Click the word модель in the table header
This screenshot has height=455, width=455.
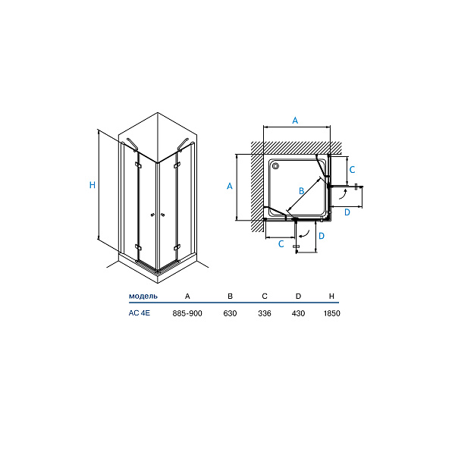[x=143, y=295]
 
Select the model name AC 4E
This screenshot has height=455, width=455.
[x=140, y=313]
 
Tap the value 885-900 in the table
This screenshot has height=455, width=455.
[x=187, y=313]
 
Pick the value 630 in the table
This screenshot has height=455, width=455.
[x=230, y=313]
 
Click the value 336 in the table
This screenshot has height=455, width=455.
[x=265, y=313]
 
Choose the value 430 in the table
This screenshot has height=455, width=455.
[x=298, y=313]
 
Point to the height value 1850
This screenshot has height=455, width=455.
[x=331, y=313]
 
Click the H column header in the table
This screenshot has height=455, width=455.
[x=331, y=295]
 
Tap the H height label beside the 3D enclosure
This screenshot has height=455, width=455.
[x=93, y=185]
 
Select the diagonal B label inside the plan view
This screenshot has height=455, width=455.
[x=301, y=190]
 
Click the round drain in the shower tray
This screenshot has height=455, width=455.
[x=275, y=165]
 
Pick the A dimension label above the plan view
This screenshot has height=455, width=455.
[x=296, y=120]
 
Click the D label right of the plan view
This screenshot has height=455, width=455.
[x=347, y=212]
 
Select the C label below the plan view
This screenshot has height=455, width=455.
[x=281, y=243]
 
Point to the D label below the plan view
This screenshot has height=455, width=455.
[x=321, y=237]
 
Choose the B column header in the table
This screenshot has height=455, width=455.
[x=230, y=295]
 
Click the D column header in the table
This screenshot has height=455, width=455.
[x=298, y=295]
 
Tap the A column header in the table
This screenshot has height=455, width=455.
[x=187, y=295]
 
